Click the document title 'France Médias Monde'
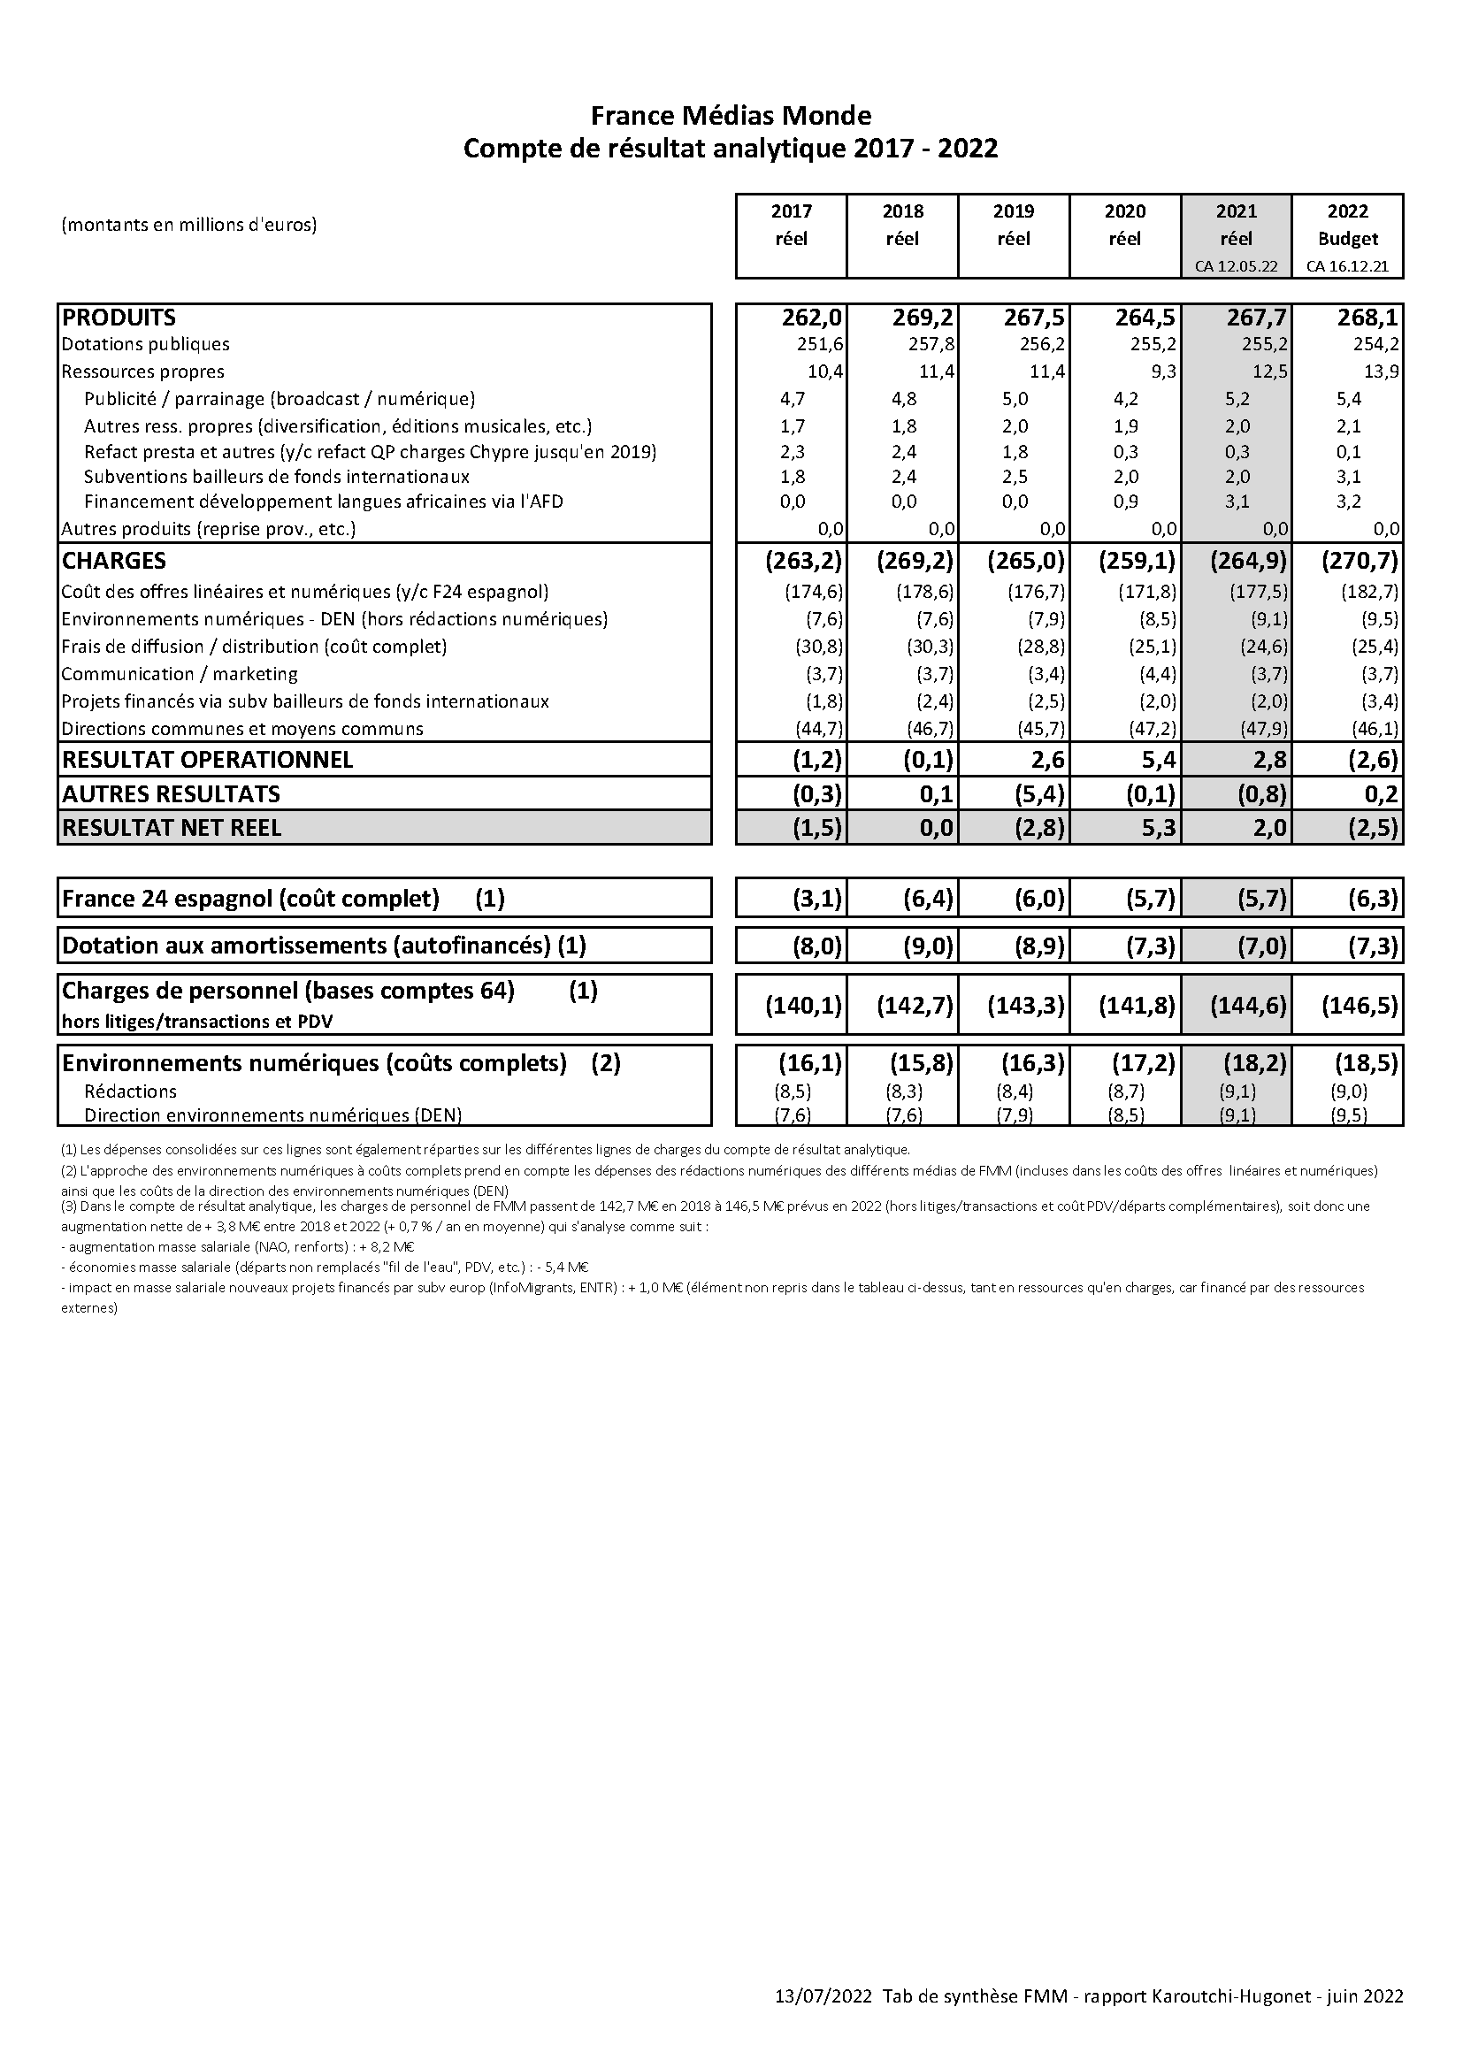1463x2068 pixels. [x=731, y=115]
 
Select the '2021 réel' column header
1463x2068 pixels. [x=1236, y=226]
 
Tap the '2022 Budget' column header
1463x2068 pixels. [x=1348, y=226]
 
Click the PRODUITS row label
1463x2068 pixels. [x=119, y=317]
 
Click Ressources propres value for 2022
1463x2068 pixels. [x=1381, y=371]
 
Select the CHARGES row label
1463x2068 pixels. [x=114, y=560]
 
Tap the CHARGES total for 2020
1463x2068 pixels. [x=1137, y=560]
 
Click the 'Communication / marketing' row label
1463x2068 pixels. [x=180, y=674]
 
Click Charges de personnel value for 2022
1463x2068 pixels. [x=1360, y=1004]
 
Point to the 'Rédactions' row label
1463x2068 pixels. [x=131, y=1091]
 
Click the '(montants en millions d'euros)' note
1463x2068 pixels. [x=189, y=226]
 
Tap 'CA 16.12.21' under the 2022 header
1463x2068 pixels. [x=1348, y=266]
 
